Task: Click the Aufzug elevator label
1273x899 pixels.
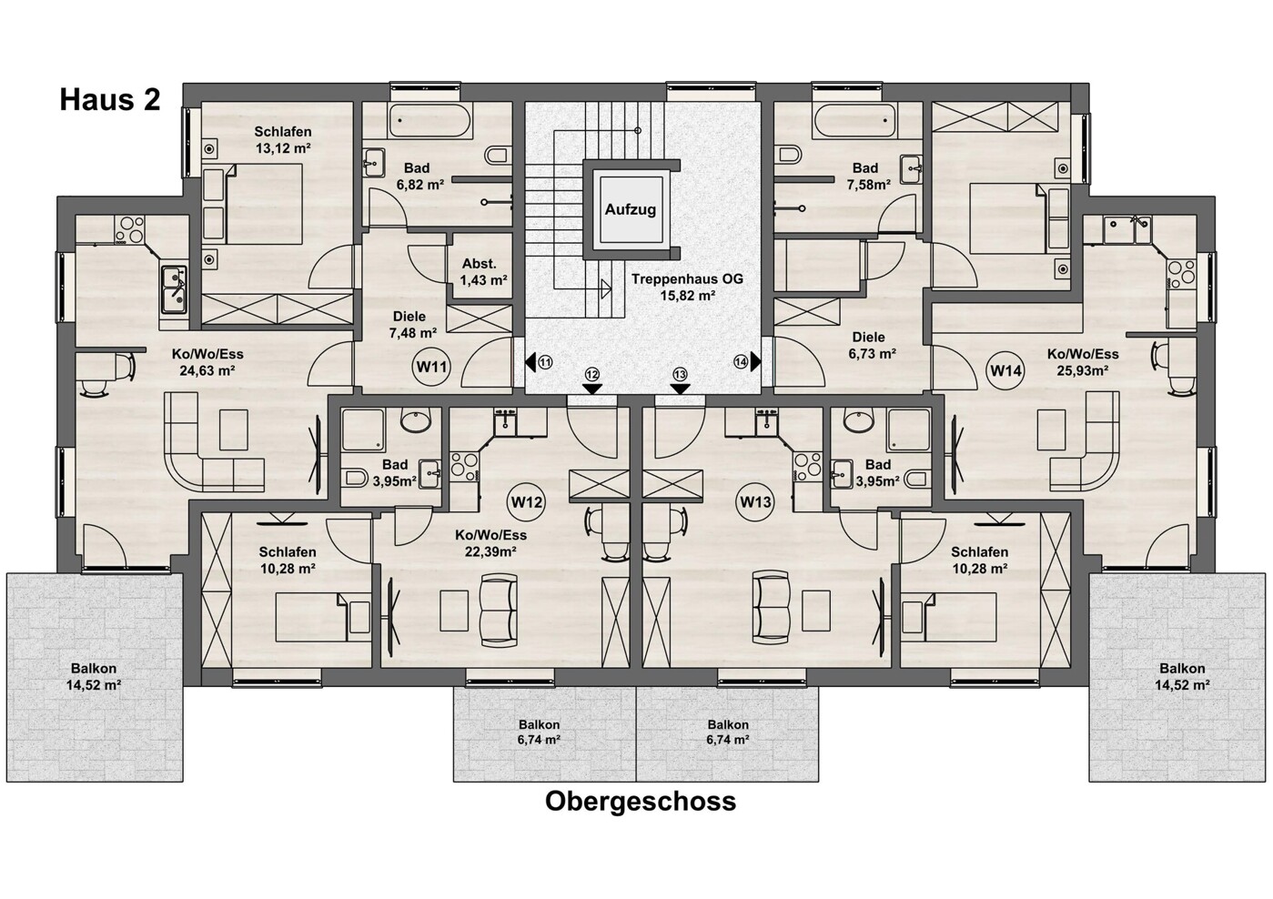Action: pyautogui.click(x=630, y=209)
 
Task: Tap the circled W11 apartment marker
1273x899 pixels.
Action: pyautogui.click(x=431, y=367)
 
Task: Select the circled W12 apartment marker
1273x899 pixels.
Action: pyautogui.click(x=526, y=501)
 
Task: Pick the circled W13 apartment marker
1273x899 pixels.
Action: pyautogui.click(x=755, y=501)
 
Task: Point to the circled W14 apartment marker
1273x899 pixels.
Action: pyautogui.click(x=1005, y=370)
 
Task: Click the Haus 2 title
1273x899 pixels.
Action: pyautogui.click(x=110, y=99)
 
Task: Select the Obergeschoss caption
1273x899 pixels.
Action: pyautogui.click(x=641, y=802)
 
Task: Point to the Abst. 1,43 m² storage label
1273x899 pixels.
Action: pyautogui.click(x=483, y=272)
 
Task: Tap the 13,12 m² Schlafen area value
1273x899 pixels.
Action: pyautogui.click(x=282, y=148)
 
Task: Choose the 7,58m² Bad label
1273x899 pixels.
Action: pyautogui.click(x=865, y=177)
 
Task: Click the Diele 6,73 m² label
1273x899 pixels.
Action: pyautogui.click(x=868, y=345)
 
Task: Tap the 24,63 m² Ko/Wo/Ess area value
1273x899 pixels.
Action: pyautogui.click(x=208, y=370)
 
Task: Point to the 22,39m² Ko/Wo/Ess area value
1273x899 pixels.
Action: pyautogui.click(x=490, y=551)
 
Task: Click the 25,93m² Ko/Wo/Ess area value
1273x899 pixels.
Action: pyautogui.click(x=1083, y=370)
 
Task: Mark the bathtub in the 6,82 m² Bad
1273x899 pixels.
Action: pyautogui.click(x=430, y=120)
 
